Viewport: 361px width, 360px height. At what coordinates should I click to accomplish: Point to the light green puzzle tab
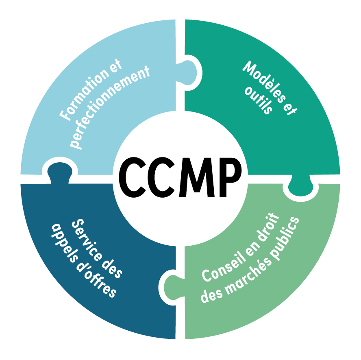point(171,285)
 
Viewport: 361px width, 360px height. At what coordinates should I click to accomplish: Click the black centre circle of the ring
point(180,179)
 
